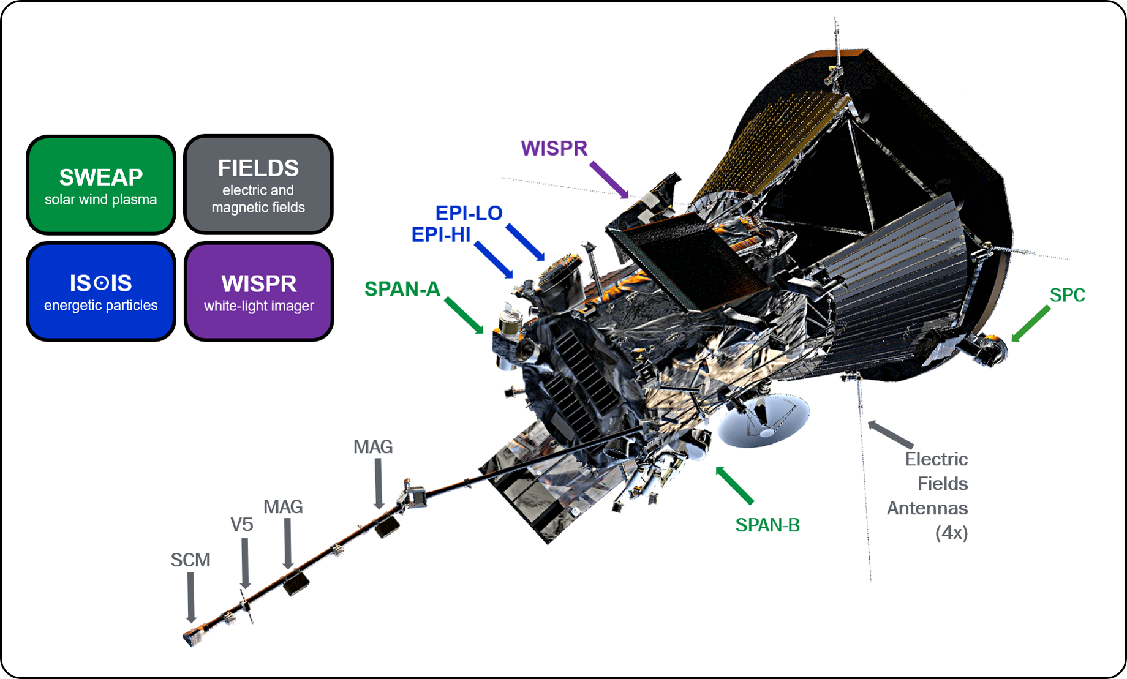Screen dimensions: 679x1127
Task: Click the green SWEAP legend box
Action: point(101,185)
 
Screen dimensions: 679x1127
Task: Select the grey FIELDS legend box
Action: point(258,185)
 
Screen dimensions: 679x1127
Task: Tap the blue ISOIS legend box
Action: point(101,291)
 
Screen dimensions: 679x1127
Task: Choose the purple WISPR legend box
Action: point(258,291)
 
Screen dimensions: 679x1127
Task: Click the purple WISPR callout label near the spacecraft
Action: point(554,148)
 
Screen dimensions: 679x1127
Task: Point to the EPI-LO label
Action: point(469,213)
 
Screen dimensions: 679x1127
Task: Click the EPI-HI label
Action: point(440,234)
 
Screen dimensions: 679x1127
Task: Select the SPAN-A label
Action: point(402,289)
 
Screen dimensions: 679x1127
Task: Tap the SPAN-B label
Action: point(767,525)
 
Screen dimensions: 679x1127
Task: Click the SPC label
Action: point(1067,295)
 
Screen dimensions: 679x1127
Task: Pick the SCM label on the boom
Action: point(190,560)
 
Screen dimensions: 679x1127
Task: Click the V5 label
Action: point(241,525)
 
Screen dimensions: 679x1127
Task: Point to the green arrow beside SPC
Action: point(1030,324)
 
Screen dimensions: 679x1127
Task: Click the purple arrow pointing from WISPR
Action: point(609,180)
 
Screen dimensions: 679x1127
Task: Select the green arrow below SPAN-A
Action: point(464,316)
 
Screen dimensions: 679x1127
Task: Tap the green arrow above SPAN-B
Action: point(734,485)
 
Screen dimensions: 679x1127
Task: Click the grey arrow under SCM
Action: point(191,597)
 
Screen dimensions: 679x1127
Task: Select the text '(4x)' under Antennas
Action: point(951,533)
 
